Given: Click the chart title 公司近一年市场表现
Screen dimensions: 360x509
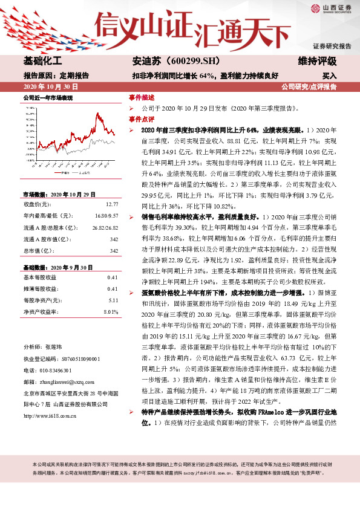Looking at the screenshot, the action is [48, 97].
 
